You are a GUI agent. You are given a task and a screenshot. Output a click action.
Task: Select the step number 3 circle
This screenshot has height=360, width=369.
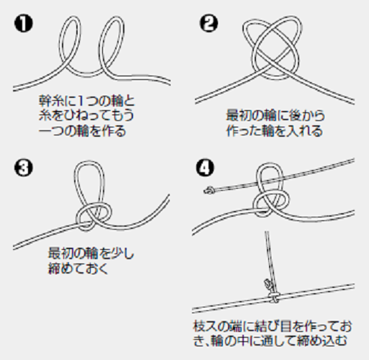coord(22,169)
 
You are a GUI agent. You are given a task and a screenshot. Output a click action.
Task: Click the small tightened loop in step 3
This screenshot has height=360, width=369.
coord(86,214)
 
